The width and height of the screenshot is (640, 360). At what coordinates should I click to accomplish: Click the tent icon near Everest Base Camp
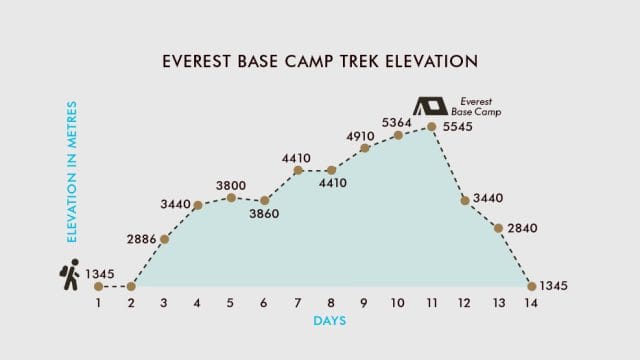430,105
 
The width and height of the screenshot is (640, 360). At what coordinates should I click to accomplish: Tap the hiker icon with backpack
69,275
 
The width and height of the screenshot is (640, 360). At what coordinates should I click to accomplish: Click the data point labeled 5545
431,126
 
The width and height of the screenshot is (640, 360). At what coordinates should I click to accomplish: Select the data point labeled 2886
164,239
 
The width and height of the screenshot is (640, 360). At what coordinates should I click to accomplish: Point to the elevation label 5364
397,122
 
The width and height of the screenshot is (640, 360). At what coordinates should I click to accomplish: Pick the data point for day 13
498,228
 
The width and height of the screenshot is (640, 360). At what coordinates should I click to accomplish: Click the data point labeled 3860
264,201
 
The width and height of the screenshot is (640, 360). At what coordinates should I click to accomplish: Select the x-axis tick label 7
297,303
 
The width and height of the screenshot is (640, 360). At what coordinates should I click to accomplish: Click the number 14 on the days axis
531,303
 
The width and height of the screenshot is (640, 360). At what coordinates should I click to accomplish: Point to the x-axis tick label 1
98,303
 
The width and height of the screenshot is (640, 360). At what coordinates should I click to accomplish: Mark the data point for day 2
131,287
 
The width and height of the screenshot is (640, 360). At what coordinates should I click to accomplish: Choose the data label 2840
523,228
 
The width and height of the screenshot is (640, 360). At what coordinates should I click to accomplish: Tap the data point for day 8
331,171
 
